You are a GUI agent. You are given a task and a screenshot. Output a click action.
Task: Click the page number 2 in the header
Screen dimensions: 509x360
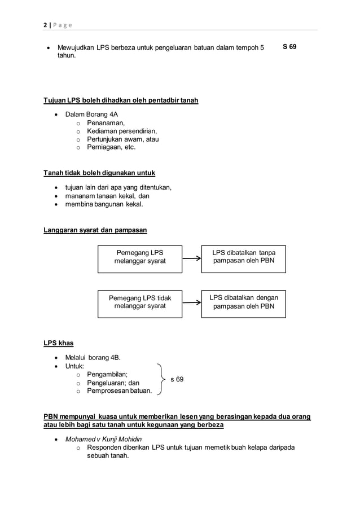[45, 24]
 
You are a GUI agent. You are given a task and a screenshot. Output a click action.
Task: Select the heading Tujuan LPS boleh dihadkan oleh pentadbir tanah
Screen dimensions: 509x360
[121, 100]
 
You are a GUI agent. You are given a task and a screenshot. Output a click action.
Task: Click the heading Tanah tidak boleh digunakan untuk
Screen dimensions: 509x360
[99, 173]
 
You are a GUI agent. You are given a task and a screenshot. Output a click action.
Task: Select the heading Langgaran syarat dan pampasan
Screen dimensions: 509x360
[95, 230]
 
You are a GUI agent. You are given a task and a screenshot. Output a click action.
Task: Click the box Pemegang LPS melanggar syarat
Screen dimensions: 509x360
[140, 258]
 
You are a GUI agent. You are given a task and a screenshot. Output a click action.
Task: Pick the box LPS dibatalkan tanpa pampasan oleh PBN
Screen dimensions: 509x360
[243, 258]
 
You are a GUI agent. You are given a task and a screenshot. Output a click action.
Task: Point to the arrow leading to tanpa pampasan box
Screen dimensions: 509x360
[192, 258]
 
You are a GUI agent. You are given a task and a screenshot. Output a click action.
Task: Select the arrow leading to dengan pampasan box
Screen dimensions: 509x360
[192, 302]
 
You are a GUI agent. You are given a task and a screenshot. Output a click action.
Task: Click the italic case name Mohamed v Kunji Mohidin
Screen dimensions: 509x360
[103, 439]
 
